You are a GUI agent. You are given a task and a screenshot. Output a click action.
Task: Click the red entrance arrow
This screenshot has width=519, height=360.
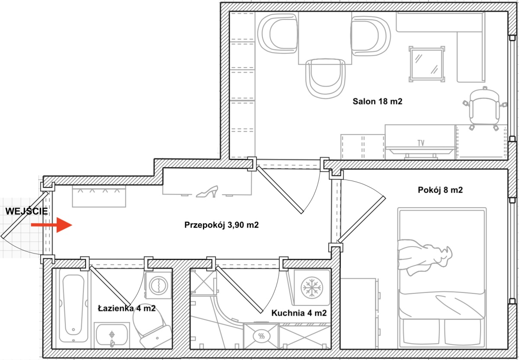point(51,225)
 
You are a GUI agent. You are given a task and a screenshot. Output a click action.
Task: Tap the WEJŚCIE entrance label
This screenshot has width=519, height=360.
point(27,211)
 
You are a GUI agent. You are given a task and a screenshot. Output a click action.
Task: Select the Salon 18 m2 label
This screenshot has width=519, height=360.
point(378,101)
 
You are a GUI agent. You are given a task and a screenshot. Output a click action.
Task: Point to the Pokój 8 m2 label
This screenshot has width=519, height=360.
point(440,190)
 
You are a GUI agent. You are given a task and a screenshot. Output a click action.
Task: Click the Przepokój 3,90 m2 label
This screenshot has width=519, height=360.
point(221,225)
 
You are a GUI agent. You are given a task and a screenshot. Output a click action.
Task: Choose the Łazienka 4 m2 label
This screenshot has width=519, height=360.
point(127,309)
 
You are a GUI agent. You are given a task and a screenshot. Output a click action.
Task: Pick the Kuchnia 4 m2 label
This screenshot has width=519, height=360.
point(299,313)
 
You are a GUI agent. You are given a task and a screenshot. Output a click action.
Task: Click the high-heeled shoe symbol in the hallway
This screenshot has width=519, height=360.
point(207,192)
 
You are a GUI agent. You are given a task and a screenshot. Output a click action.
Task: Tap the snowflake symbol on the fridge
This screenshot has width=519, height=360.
point(312,287)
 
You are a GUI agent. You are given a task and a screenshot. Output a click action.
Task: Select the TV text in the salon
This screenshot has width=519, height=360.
point(421,143)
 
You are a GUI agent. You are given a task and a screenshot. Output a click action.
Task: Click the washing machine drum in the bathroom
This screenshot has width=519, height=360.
point(158,285)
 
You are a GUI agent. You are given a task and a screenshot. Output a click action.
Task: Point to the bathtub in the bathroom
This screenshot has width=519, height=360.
point(73,309)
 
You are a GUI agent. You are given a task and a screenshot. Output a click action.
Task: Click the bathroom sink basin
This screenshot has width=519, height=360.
point(112,335)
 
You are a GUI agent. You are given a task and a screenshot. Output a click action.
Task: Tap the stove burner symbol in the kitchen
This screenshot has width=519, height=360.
point(261,336)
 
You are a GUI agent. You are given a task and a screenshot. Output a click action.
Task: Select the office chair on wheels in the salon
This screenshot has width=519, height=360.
point(485,109)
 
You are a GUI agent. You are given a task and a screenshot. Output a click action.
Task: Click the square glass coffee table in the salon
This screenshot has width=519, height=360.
point(426,64)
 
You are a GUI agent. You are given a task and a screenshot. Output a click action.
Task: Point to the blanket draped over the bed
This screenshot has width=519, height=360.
point(423,257)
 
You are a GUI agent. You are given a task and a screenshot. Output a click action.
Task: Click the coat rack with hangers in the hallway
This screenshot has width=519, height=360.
point(99,196)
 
